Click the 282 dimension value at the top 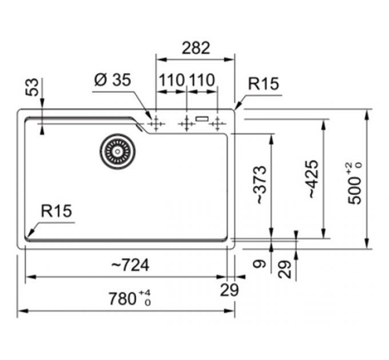click(x=196, y=48)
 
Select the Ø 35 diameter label click(x=112, y=81)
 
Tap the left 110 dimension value click(x=172, y=81)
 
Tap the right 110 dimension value click(x=201, y=81)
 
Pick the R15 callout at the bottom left click(x=56, y=212)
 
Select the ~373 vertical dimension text click(x=260, y=185)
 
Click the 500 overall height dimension click(x=355, y=183)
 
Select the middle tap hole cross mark click(x=186, y=122)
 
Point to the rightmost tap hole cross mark click(x=217, y=122)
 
